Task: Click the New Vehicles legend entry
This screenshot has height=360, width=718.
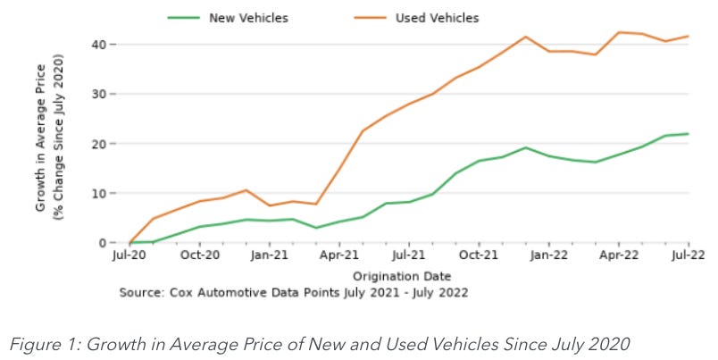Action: coord(241,18)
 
